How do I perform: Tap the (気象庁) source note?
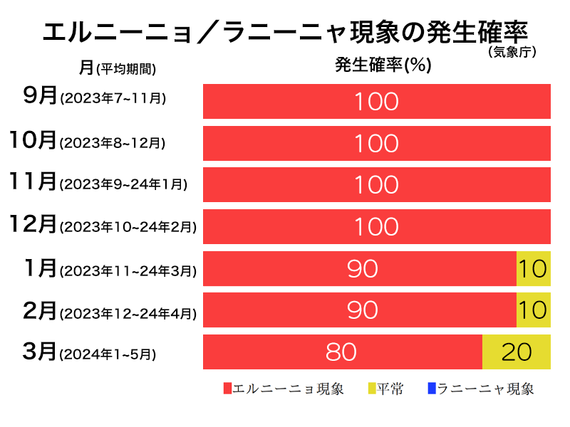click(x=512, y=52)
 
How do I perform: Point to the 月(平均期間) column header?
click(x=118, y=68)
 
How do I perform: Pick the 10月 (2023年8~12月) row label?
click(x=87, y=142)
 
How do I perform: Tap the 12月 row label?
click(x=103, y=226)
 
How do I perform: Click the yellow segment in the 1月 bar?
click(x=533, y=268)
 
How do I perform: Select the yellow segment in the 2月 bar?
click(x=533, y=310)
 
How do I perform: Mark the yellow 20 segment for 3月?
click(x=517, y=352)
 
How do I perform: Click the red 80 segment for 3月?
click(x=342, y=352)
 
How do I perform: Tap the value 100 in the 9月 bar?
click(x=377, y=102)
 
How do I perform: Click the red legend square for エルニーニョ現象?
click(x=228, y=389)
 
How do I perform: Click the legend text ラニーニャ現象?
click(x=485, y=389)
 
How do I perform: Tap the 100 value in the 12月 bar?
click(x=377, y=227)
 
